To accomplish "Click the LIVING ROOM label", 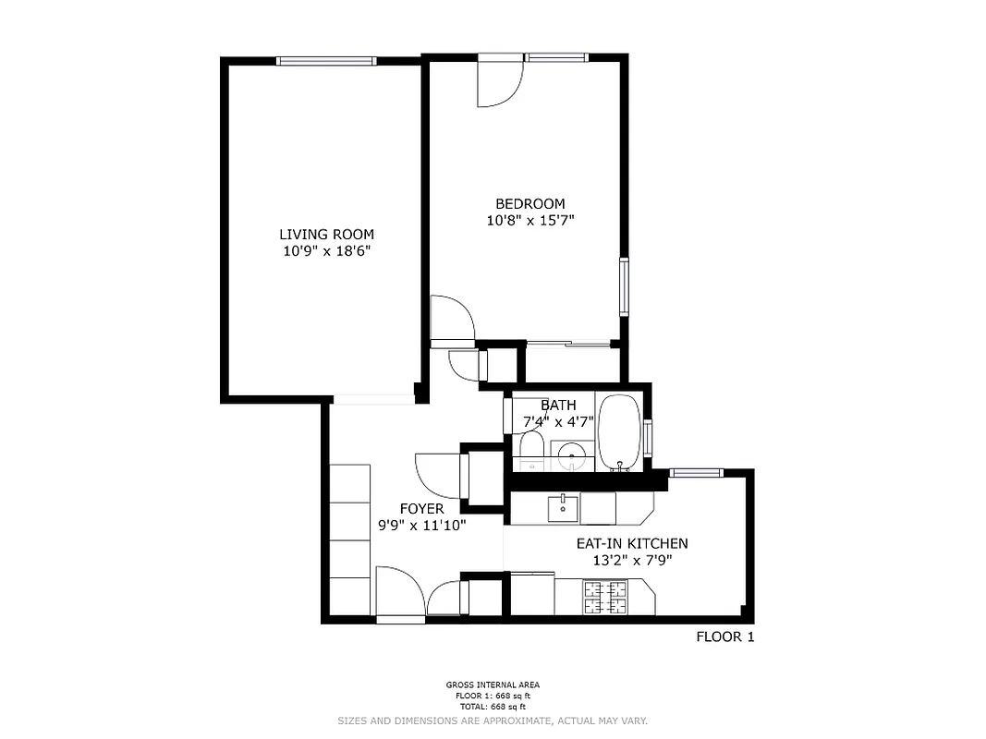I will [326, 235].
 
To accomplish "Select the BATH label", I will [558, 405].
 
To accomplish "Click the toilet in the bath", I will [530, 450].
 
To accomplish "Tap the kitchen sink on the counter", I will [563, 508].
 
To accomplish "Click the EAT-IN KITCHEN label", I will [631, 544].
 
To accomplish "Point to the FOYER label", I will [421, 509].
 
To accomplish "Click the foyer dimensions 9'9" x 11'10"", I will [421, 526].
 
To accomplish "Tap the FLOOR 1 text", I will [724, 636].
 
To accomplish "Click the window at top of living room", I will [326, 61].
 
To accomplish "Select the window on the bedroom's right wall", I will [625, 287].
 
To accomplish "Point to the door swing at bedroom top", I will [498, 83].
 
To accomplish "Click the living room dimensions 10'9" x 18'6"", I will [326, 251].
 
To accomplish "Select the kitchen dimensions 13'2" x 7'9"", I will [631, 561].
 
